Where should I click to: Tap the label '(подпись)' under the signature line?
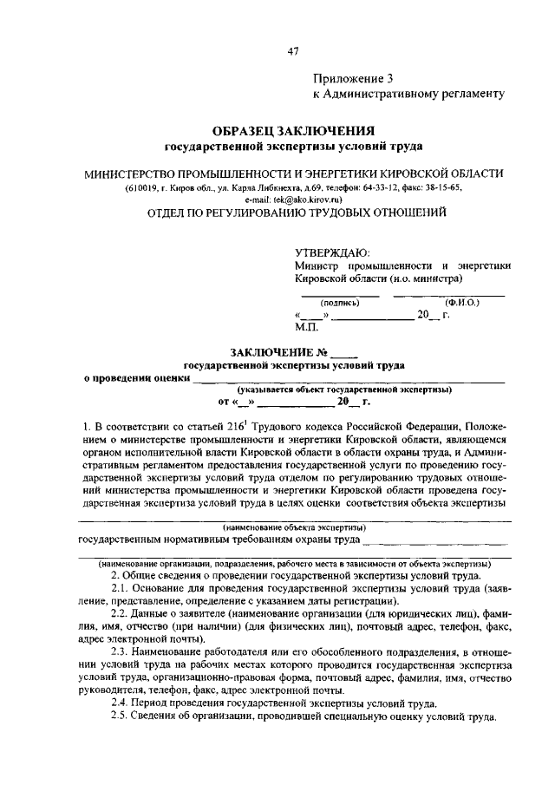340,304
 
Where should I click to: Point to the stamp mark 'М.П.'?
306,328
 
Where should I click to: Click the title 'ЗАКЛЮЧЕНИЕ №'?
284,352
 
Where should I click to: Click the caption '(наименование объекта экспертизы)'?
294,527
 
